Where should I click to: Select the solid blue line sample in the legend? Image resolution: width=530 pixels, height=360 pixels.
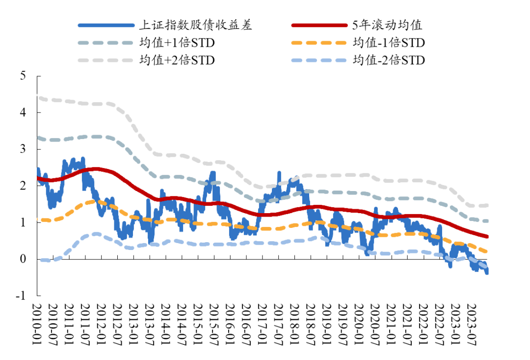(106, 25)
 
